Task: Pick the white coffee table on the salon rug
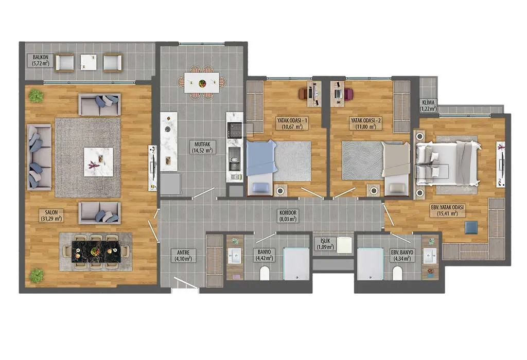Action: click(x=98, y=162)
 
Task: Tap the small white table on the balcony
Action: click(x=89, y=62)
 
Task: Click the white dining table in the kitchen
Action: click(x=202, y=83)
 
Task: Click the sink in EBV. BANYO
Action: click(x=430, y=257)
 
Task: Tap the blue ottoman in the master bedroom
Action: click(x=471, y=227)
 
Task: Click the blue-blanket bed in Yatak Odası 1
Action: click(x=261, y=168)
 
